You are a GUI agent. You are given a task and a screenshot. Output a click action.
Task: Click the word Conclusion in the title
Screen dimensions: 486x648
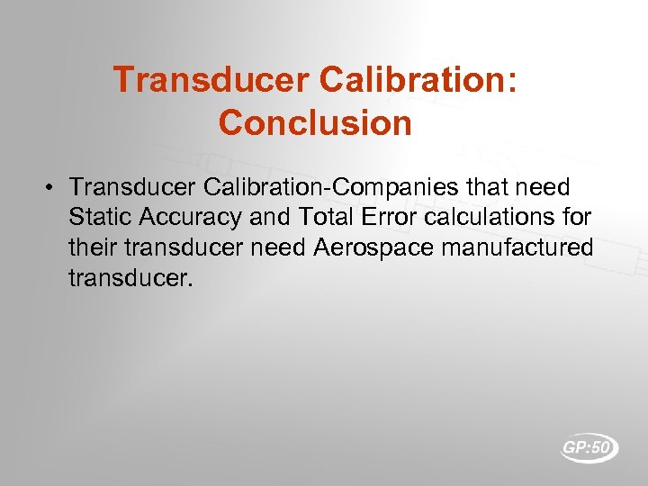315,122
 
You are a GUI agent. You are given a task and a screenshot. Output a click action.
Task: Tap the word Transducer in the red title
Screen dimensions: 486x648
211,81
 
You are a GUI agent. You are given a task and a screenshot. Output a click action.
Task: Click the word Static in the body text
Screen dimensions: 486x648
97,217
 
